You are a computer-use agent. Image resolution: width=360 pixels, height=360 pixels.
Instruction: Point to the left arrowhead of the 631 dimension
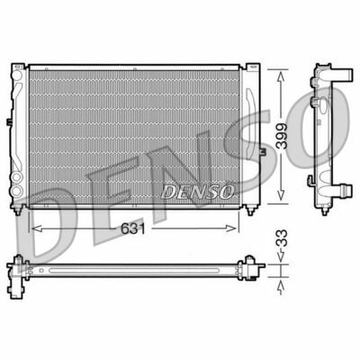(x=33, y=228)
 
